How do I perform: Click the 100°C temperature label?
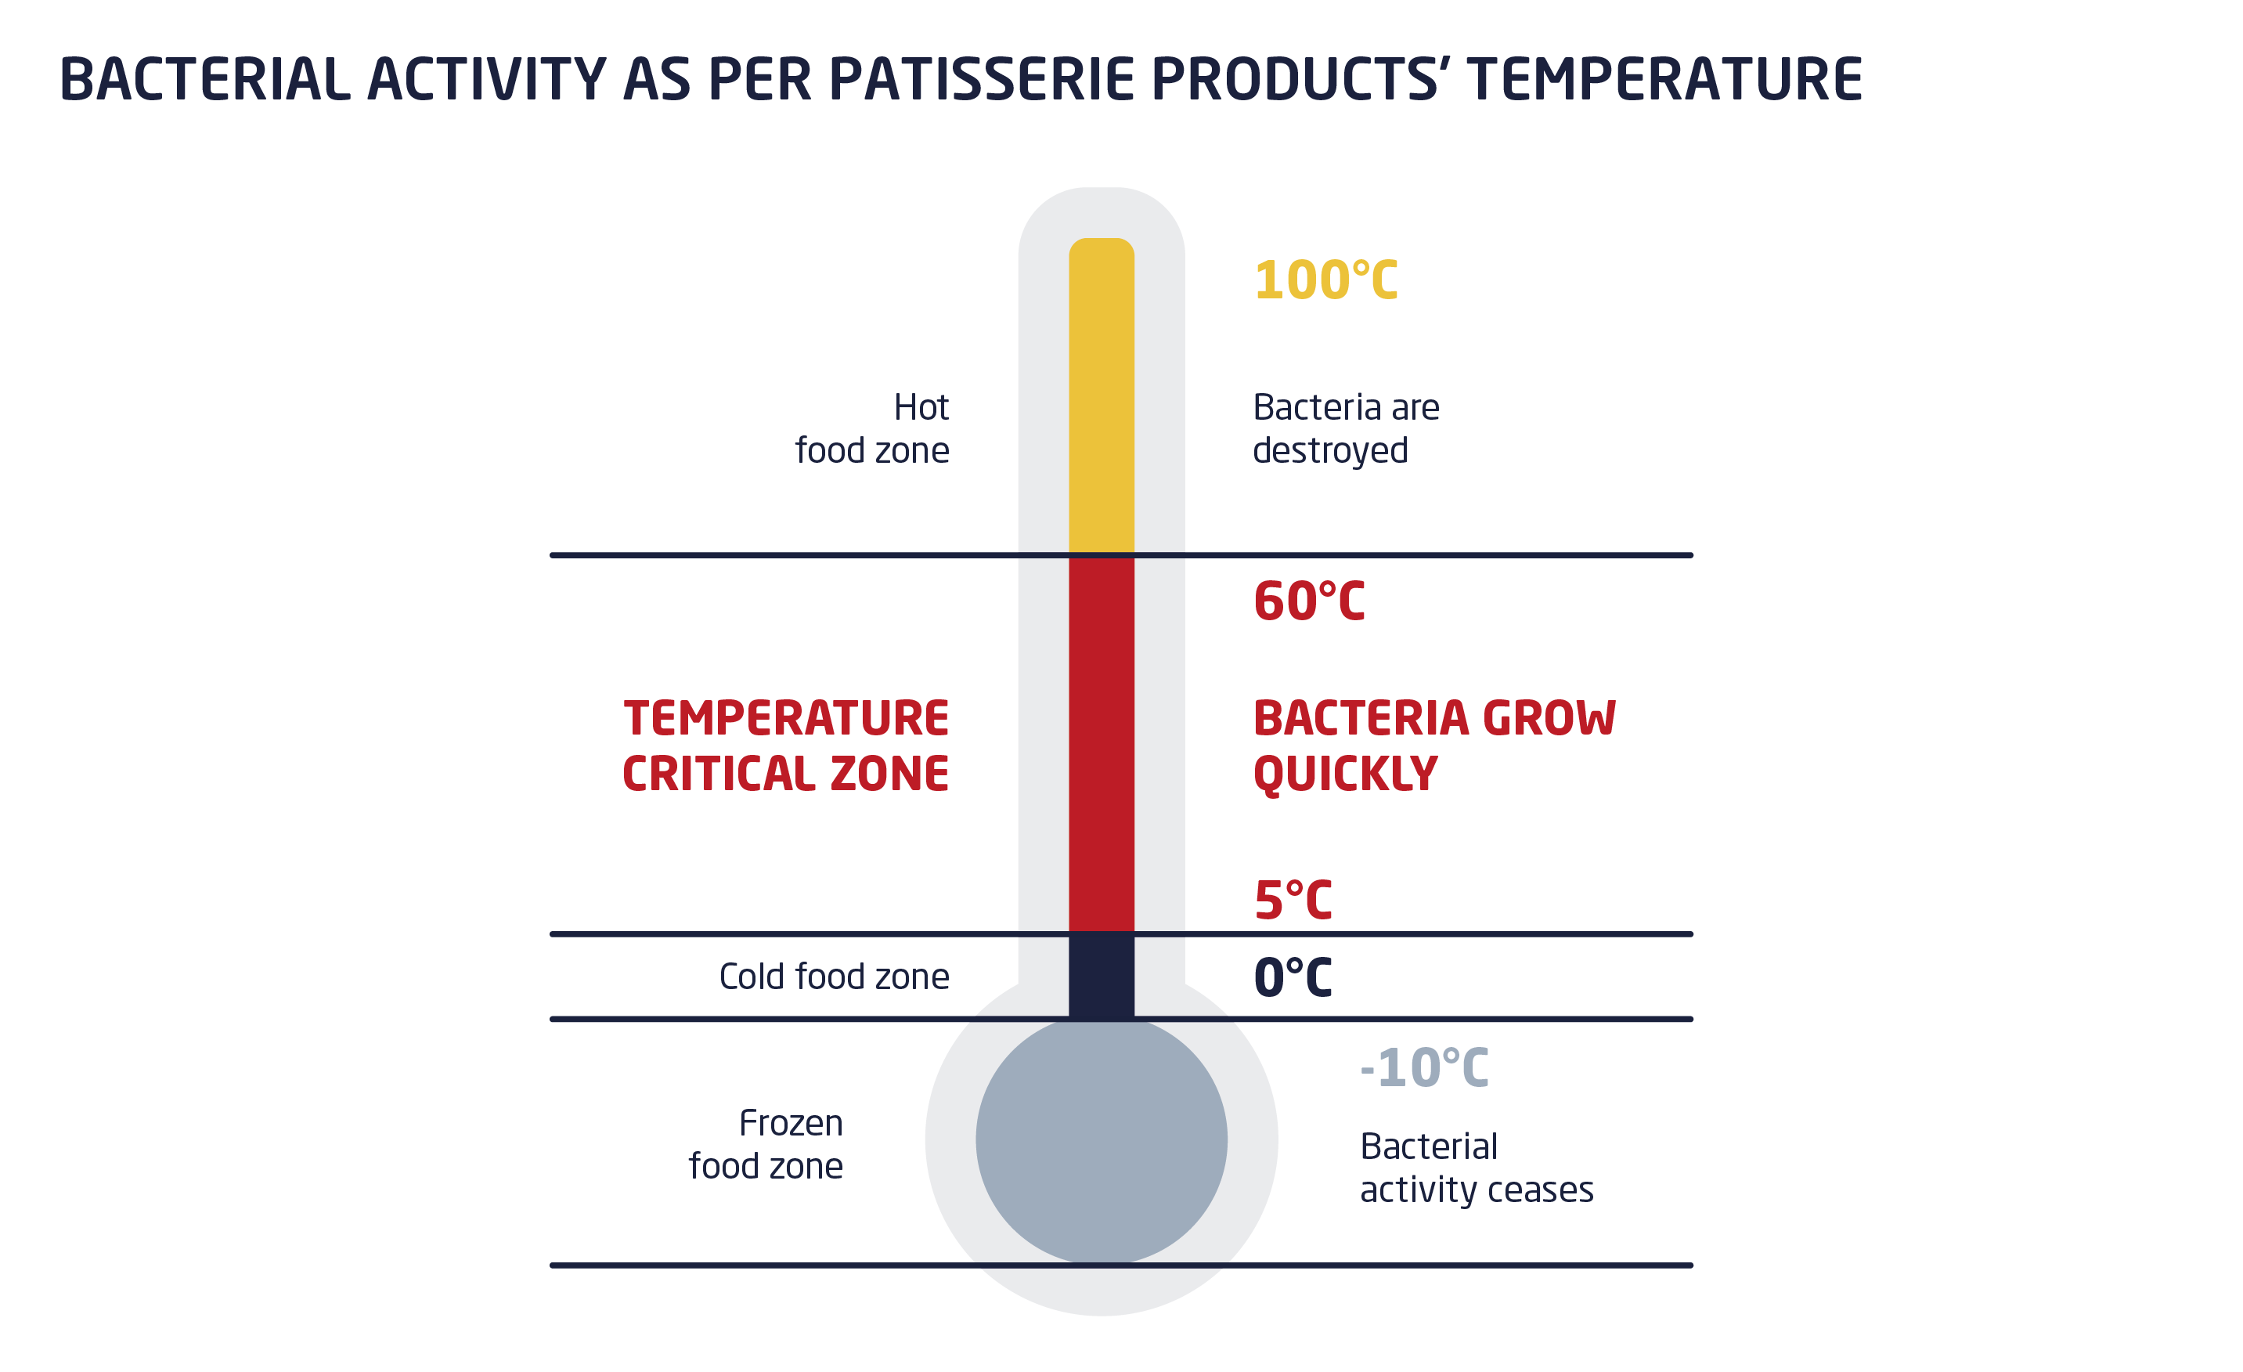(x=1325, y=280)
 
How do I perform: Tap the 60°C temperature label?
(x=1309, y=601)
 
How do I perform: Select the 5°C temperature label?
(x=1293, y=901)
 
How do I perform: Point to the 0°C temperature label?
(x=1293, y=978)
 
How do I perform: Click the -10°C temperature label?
(x=1424, y=1068)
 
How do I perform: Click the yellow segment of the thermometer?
(x=1102, y=395)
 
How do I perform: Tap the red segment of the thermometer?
(x=1102, y=745)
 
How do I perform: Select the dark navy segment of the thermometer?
(x=1102, y=977)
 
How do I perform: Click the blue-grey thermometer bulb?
(x=1102, y=1141)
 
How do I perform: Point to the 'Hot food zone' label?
(x=872, y=429)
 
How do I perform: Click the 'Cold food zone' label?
(x=834, y=977)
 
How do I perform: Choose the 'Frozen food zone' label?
(x=766, y=1144)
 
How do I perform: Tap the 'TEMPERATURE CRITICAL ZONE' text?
(x=785, y=746)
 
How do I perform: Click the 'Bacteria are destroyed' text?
(x=1347, y=429)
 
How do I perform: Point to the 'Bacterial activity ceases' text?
(x=1477, y=1168)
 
